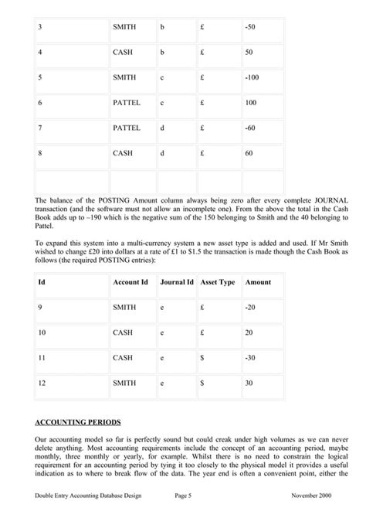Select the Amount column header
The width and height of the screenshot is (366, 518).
[258, 282]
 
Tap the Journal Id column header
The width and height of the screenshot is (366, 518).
[177, 282]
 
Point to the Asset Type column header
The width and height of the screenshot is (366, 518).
[218, 282]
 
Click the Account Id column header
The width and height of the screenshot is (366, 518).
[130, 282]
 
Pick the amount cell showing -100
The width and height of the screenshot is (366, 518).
[251, 77]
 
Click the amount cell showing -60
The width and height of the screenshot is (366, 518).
[249, 128]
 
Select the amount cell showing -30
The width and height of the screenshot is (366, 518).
[249, 357]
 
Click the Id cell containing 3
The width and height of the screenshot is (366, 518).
[39, 27]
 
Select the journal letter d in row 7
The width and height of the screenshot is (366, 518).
[162, 128]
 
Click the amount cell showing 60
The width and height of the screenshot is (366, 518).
[249, 153]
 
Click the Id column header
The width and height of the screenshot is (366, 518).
[41, 282]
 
